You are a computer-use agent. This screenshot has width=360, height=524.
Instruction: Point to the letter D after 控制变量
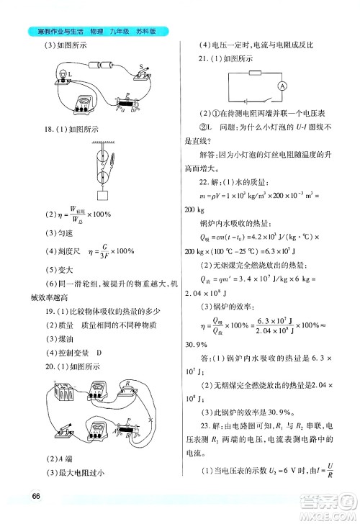(x=99, y=353)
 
